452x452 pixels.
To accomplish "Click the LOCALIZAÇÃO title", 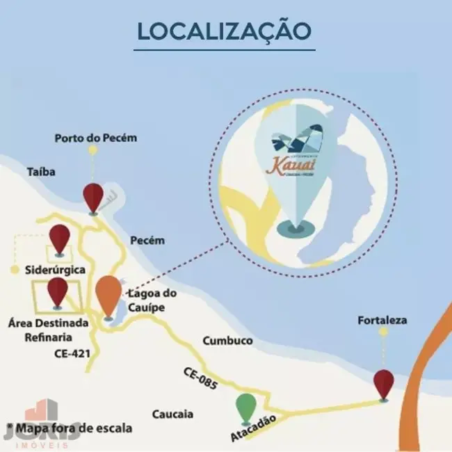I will (225, 31).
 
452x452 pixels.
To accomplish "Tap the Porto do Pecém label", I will (96, 138).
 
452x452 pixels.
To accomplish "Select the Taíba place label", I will (41, 171).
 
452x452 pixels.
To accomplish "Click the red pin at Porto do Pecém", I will (92, 197).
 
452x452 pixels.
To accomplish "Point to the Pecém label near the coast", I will (147, 241).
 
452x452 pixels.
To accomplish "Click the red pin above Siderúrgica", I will (59, 238).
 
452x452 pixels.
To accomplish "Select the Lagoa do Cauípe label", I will (152, 299).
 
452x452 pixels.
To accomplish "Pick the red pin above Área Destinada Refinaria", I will (57, 291).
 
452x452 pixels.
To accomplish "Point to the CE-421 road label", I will (72, 353).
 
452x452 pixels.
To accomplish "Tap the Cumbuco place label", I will (227, 341).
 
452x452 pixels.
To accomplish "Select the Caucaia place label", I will (172, 415).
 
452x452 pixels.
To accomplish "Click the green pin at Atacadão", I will (245, 407).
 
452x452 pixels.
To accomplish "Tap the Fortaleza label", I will (382, 321).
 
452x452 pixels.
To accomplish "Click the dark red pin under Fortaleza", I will (383, 383).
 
